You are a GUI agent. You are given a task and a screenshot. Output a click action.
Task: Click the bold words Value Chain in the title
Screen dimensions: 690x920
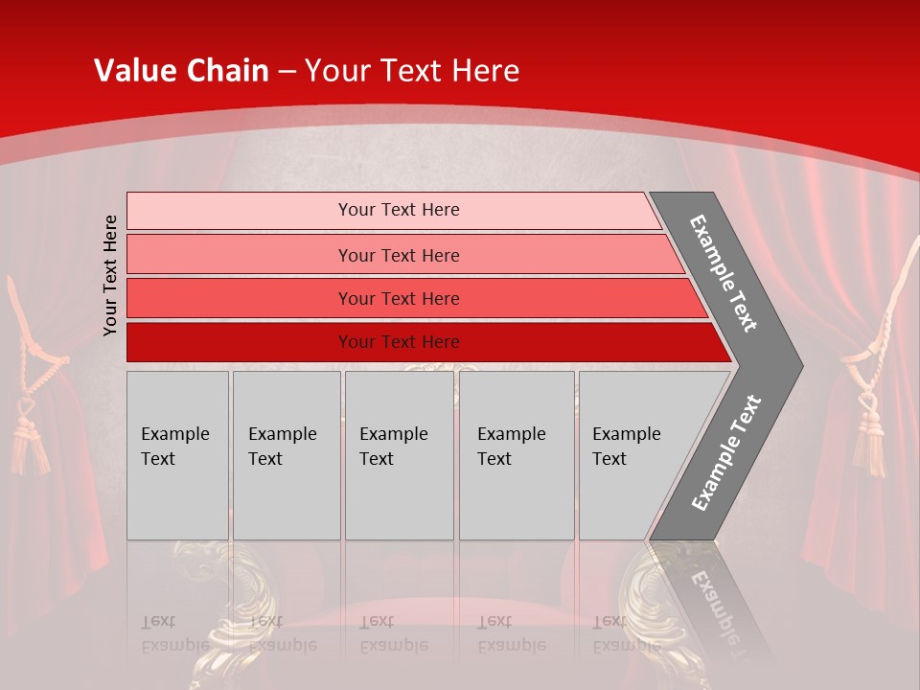[x=181, y=70]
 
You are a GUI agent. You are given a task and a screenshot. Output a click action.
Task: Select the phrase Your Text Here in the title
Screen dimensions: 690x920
[x=412, y=70]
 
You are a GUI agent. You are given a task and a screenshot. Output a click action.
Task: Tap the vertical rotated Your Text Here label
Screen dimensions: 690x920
[x=111, y=275]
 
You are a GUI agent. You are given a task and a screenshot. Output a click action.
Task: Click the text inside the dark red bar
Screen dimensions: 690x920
[x=399, y=342]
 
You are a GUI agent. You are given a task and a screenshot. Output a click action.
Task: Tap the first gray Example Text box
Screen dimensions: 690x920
[x=177, y=455]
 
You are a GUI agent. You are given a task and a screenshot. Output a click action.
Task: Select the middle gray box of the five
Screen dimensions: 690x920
[x=399, y=455]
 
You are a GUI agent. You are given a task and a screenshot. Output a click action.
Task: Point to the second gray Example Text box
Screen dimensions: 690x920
[x=286, y=455]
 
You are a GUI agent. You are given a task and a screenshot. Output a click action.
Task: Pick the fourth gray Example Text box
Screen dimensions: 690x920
[x=517, y=455]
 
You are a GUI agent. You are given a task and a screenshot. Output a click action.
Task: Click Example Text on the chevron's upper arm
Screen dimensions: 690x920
[x=724, y=273]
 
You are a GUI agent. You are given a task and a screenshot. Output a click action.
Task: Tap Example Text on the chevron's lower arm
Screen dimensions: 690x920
[x=726, y=452]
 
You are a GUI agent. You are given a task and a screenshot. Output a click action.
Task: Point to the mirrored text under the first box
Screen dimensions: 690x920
[x=175, y=633]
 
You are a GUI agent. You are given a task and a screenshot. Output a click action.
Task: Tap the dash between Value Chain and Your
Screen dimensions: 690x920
[x=287, y=71]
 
